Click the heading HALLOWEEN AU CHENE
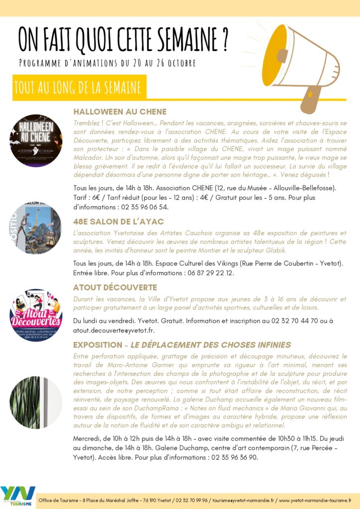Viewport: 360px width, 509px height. (120, 111)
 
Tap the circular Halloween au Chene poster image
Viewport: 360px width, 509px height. (36, 141)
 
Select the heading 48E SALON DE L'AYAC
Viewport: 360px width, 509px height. (118, 221)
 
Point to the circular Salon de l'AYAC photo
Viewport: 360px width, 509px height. (36, 228)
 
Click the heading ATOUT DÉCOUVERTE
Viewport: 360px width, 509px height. (115, 287)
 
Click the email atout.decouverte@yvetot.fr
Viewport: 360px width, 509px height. (114, 331)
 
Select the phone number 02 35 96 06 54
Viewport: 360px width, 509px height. (142, 207)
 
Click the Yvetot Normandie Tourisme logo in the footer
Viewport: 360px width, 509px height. (18, 496)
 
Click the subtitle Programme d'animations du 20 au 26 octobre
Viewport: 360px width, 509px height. (107, 63)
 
